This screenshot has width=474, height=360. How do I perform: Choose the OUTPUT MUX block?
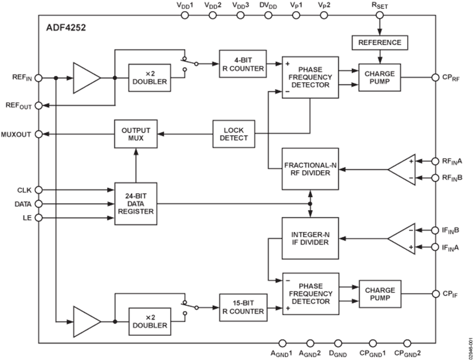tap(136, 134)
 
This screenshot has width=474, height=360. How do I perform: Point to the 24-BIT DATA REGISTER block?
tap(136, 203)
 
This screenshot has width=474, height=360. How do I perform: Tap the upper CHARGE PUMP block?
tap(379, 77)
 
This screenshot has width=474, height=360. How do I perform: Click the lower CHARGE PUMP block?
tap(379, 294)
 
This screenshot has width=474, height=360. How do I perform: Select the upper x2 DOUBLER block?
tap(149, 78)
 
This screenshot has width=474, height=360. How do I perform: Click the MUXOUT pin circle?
tap(38, 134)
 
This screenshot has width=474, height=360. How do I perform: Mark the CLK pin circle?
tap(38, 189)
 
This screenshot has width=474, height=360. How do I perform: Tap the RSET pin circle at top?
tap(379, 16)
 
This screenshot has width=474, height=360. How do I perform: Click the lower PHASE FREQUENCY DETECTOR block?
tap(311, 294)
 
